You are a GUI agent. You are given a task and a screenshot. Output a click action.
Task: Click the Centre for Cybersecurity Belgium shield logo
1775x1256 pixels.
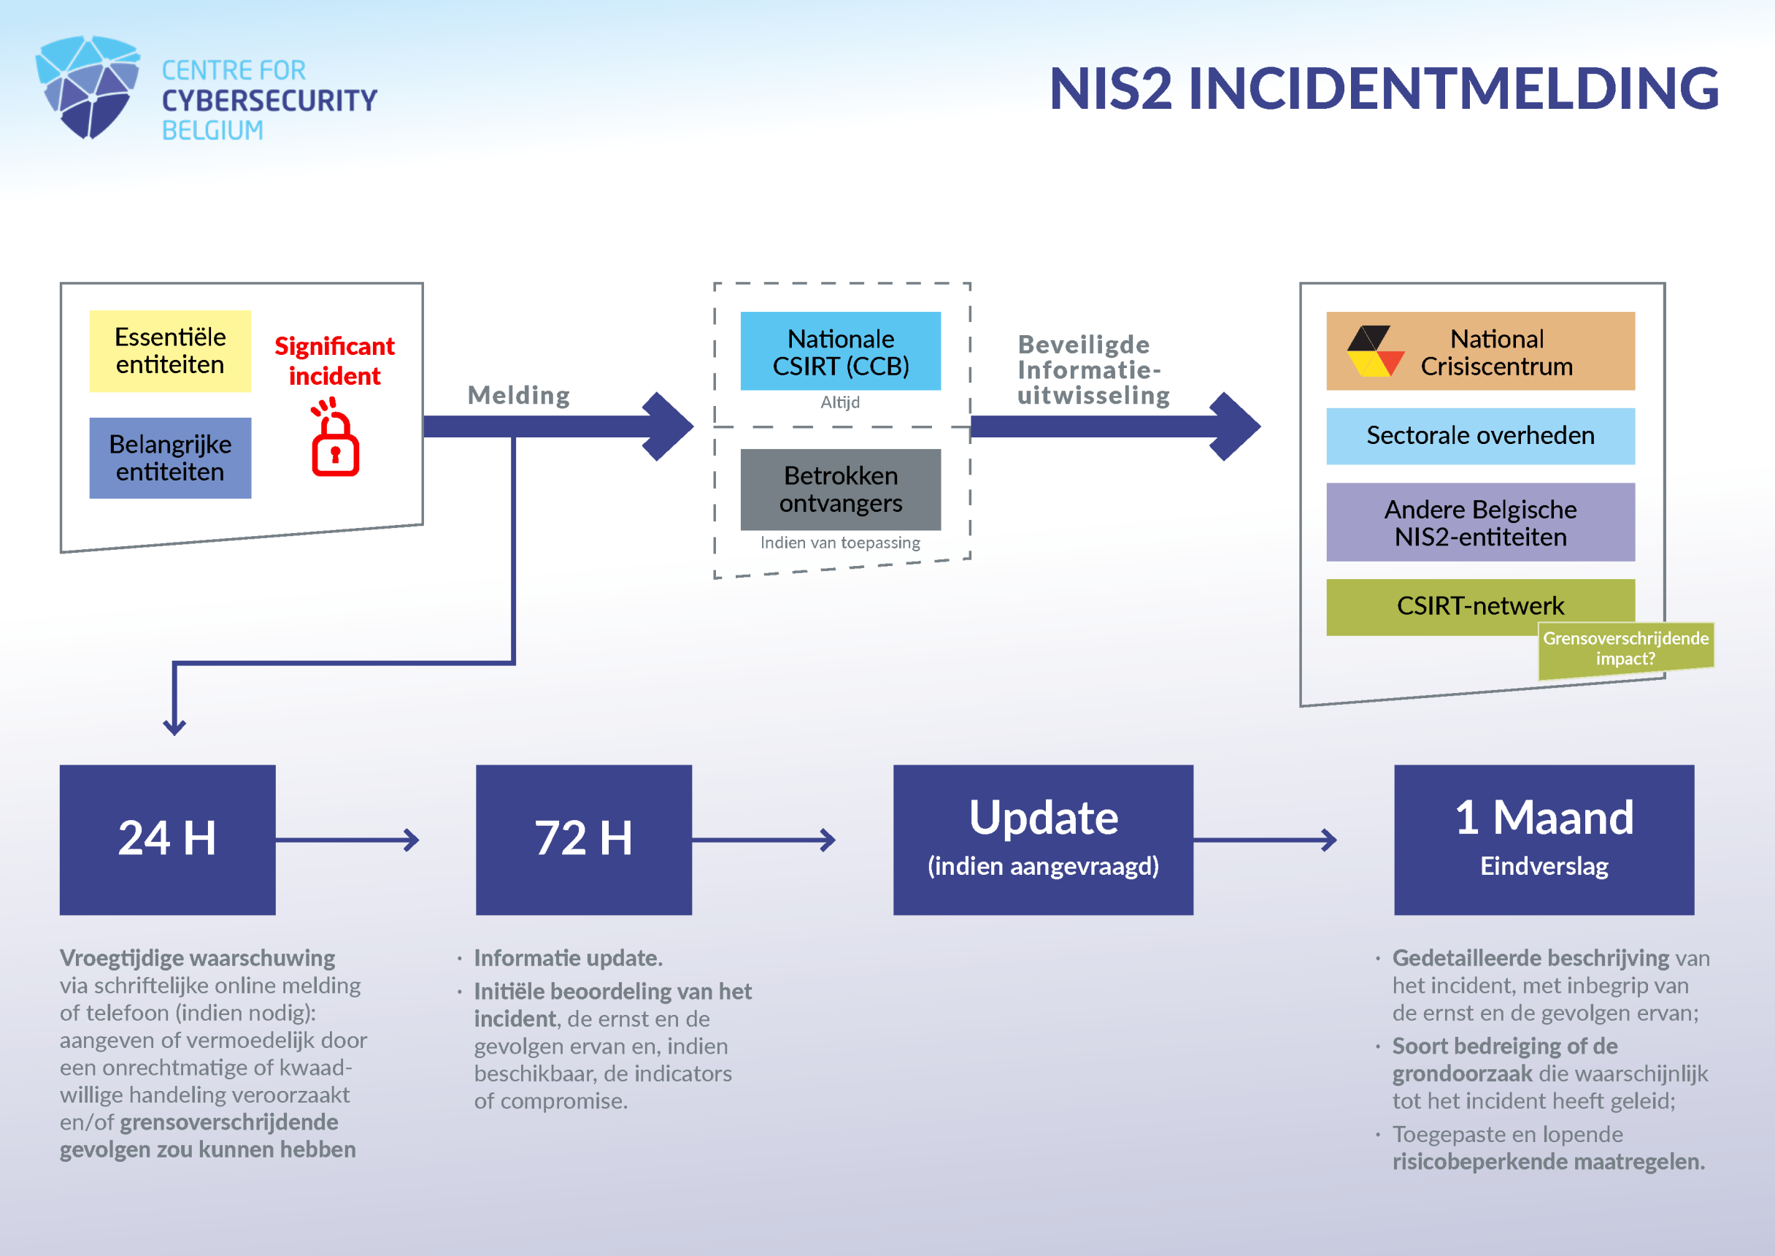88,87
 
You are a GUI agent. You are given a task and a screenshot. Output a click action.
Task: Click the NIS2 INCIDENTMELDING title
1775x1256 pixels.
1384,88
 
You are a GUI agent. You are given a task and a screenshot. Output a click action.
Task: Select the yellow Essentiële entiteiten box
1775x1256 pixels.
170,351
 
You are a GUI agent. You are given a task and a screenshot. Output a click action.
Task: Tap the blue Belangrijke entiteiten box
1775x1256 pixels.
170,458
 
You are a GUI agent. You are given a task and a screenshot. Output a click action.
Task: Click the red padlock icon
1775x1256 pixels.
335,440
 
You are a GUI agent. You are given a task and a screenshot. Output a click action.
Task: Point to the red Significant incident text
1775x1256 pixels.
335,361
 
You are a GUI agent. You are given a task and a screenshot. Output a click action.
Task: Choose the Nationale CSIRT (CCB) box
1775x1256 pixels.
840,351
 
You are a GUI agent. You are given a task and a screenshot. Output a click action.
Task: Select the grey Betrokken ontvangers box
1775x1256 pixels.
840,489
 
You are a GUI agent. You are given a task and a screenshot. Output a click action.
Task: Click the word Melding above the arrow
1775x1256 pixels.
519,395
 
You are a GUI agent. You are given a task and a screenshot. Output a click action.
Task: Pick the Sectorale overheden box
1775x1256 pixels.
1479,435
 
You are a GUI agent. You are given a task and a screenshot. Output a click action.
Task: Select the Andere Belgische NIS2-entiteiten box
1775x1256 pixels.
1479,522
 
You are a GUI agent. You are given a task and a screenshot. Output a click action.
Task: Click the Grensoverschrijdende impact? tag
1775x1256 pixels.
1625,649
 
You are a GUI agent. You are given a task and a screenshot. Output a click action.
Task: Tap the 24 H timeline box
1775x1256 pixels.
168,839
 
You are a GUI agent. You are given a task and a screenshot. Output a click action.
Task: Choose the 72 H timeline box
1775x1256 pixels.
584,839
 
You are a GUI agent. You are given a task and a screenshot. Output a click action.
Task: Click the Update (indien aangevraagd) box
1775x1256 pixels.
1043,839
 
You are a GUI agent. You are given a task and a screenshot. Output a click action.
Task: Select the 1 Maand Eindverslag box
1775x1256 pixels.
1544,839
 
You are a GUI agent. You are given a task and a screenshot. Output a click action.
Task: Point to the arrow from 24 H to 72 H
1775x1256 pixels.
347,840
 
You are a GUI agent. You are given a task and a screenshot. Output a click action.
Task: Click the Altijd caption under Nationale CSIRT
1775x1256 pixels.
840,402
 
